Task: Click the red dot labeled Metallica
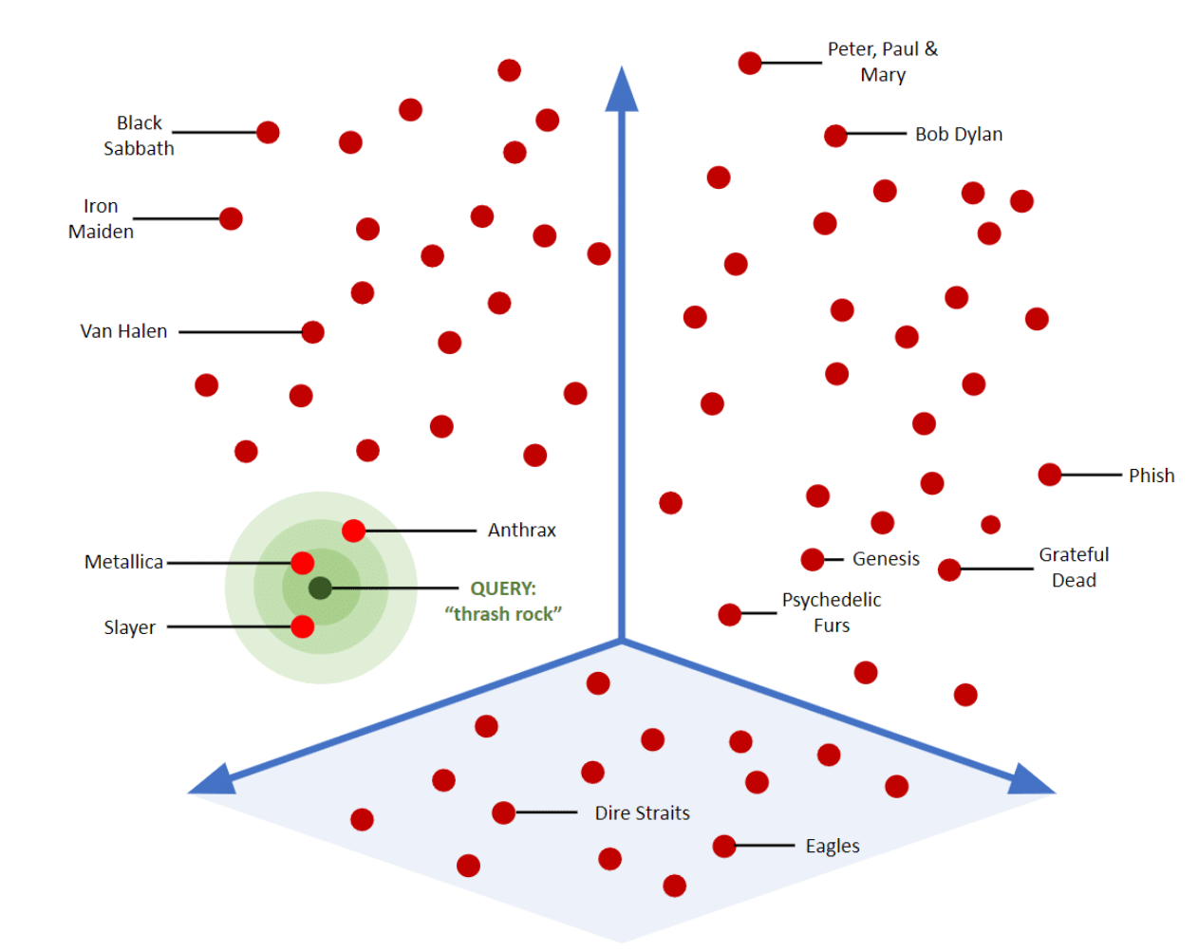click(x=303, y=563)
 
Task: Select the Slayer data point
click(x=303, y=626)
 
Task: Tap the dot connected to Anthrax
click(x=353, y=531)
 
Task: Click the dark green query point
click(x=321, y=588)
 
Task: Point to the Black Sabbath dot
click(x=268, y=132)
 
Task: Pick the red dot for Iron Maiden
click(x=231, y=218)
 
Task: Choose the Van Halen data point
click(x=313, y=332)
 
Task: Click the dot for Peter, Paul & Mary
click(x=750, y=63)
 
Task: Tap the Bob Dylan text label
click(x=959, y=135)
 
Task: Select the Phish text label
click(x=1151, y=476)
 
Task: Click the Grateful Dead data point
click(x=949, y=569)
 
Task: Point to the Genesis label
click(x=886, y=559)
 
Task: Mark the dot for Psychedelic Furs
click(x=729, y=614)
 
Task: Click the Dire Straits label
click(x=642, y=813)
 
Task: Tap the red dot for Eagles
click(x=724, y=846)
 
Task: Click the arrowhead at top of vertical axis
click(x=622, y=90)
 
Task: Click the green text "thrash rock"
click(x=503, y=614)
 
